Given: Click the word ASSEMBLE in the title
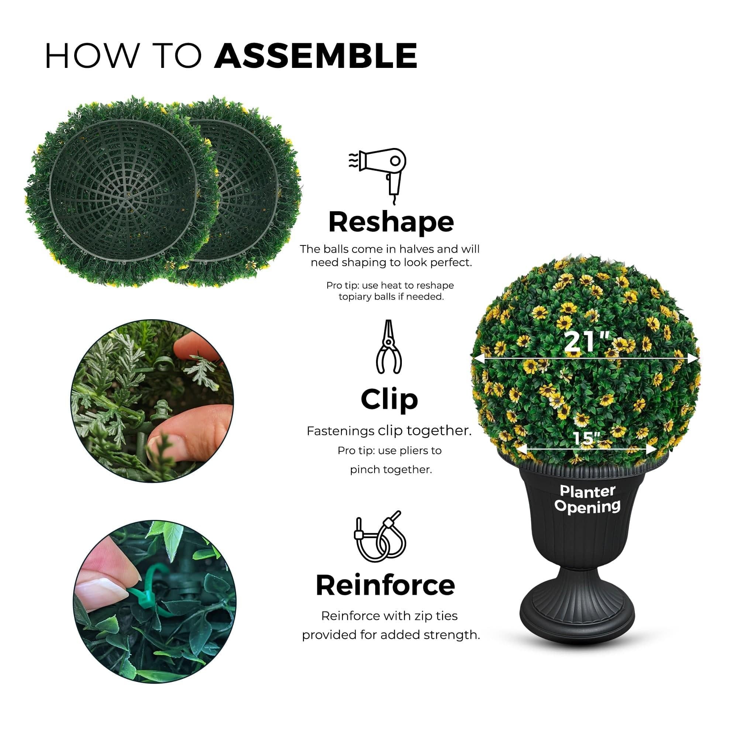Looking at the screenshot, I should [315, 56].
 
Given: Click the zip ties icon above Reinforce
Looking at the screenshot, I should [380, 537].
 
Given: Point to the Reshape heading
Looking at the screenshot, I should [391, 222].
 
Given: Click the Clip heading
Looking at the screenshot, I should [389, 399].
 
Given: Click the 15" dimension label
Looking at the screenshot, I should [586, 438].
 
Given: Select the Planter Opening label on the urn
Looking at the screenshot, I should [587, 499].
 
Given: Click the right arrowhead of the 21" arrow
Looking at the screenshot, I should [694, 358].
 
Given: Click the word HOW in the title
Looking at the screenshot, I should [92, 56].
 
